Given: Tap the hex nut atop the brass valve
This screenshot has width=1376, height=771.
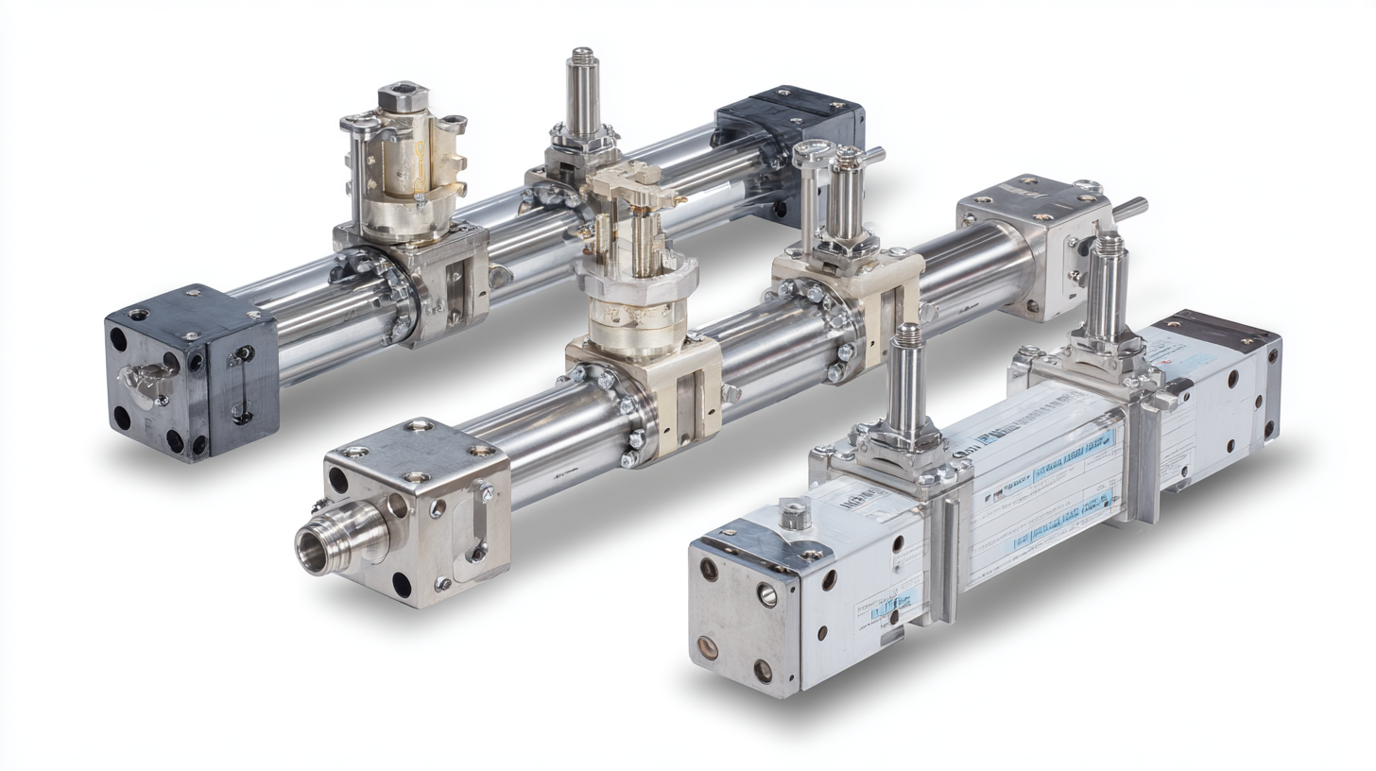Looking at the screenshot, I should click(403, 97).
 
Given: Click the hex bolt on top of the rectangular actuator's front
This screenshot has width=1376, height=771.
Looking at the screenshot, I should click(793, 514).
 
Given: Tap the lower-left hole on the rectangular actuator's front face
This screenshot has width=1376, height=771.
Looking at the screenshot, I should click(707, 647).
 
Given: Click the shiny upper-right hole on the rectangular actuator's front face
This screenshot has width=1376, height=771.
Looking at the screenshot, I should click(766, 594).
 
